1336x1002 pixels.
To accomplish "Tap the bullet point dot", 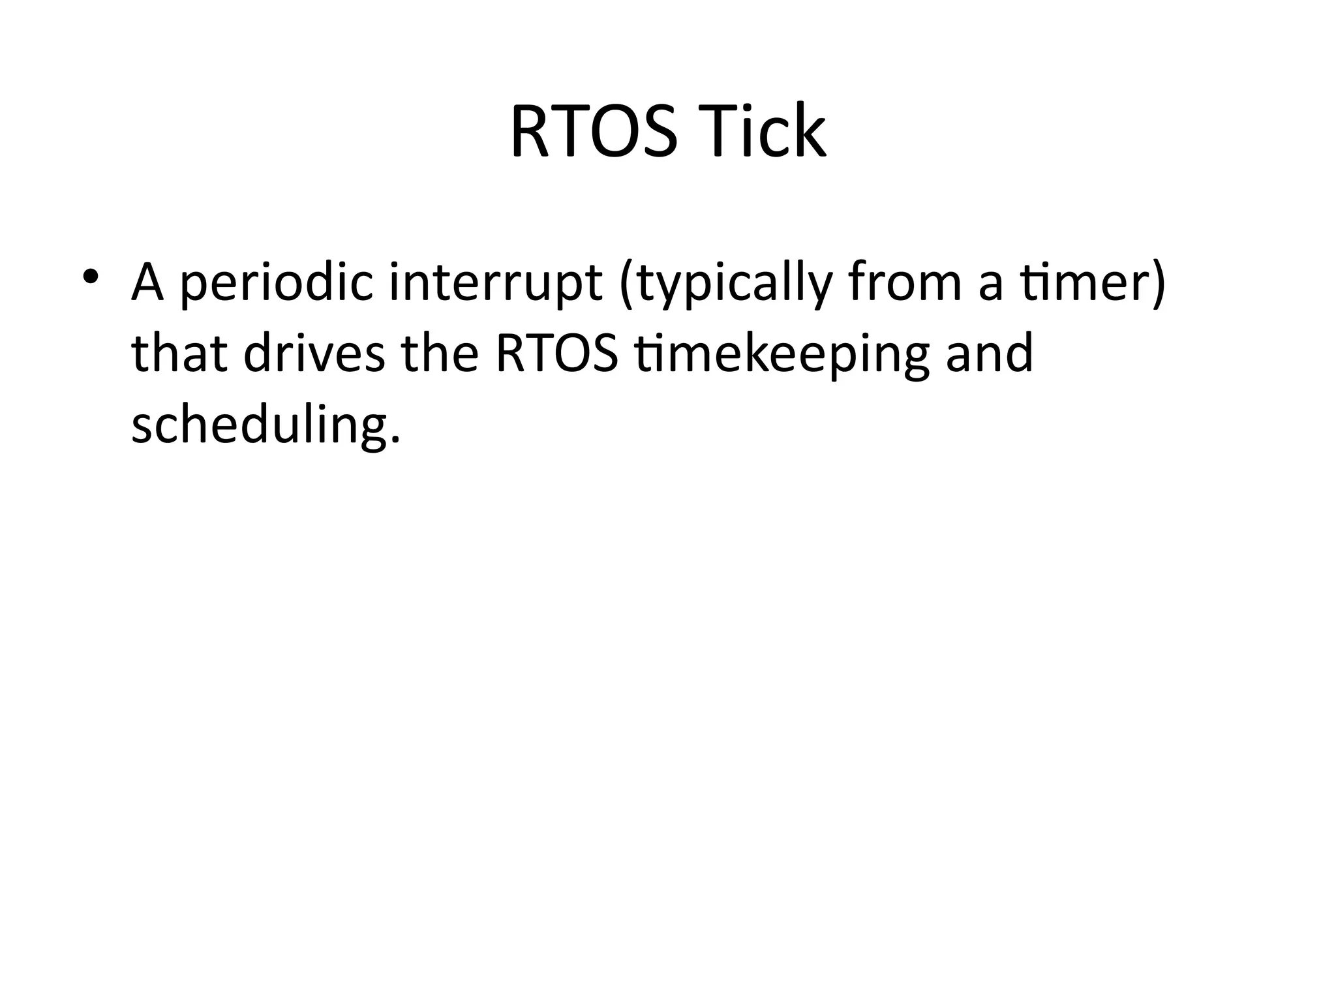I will click(90, 276).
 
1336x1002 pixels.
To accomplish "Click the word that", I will click(179, 353).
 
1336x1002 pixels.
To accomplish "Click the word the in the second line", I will click(440, 353).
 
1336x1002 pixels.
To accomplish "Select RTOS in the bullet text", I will click(556, 353).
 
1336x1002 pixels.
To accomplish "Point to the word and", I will click(990, 353).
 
